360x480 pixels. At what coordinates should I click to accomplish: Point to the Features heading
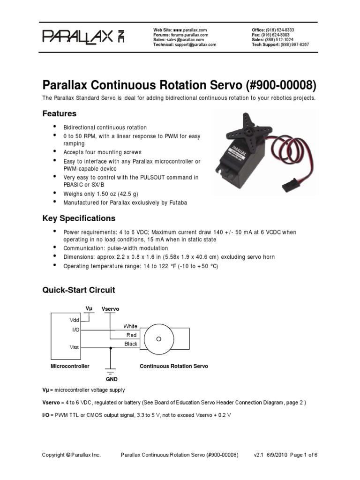pyautogui.click(x=59, y=114)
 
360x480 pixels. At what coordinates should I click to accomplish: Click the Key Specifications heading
pyautogui.click(x=78, y=218)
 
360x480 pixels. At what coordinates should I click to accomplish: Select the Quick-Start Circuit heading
pyautogui.click(x=78, y=290)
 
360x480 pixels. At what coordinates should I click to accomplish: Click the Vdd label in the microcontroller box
pyautogui.click(x=75, y=320)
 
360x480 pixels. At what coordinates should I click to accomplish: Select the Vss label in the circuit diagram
pyautogui.click(x=75, y=348)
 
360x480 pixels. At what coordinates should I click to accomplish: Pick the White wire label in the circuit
pyautogui.click(x=130, y=326)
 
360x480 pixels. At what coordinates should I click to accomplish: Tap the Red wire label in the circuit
pyautogui.click(x=132, y=335)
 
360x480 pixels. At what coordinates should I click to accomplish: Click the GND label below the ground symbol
pyautogui.click(x=112, y=379)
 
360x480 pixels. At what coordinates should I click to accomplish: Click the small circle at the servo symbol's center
pyautogui.click(x=160, y=338)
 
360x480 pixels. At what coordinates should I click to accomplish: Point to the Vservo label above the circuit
pyautogui.click(x=111, y=309)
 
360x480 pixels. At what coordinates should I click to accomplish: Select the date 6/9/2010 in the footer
pyautogui.click(x=280, y=455)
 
